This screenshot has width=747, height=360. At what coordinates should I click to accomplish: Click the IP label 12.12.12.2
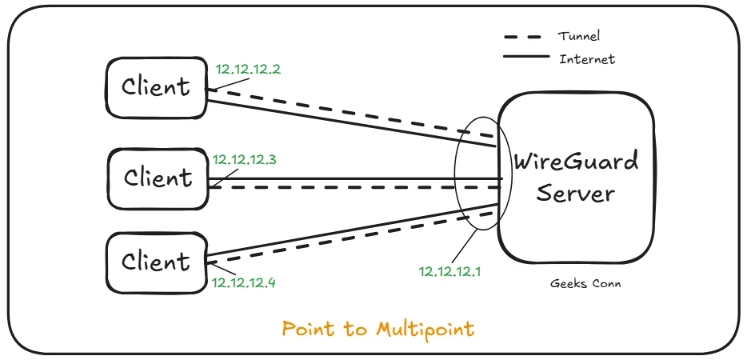[248, 70]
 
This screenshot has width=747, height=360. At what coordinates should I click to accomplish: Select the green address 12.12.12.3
[245, 160]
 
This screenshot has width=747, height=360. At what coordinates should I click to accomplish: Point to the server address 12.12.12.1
[451, 271]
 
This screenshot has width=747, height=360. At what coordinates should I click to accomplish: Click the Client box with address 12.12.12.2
[156, 86]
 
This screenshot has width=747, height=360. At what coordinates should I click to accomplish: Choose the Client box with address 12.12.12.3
[158, 178]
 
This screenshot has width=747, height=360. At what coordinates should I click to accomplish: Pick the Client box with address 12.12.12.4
[156, 262]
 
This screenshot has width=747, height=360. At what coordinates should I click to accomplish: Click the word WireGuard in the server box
[576, 162]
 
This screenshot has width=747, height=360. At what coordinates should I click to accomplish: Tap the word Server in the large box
[576, 194]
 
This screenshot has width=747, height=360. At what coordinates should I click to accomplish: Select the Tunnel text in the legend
[579, 36]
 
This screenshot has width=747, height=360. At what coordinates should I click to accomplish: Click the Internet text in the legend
[587, 59]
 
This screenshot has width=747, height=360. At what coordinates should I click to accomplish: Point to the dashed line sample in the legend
[525, 37]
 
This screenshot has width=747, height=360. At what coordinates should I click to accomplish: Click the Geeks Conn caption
[586, 283]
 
